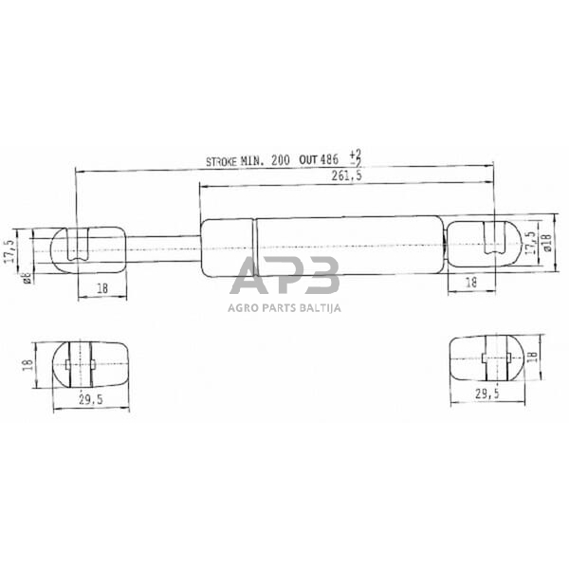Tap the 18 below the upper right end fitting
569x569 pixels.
pyautogui.click(x=471, y=283)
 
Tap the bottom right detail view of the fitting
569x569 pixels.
pyautogui.click(x=486, y=358)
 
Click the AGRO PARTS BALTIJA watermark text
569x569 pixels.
pyautogui.click(x=284, y=306)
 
